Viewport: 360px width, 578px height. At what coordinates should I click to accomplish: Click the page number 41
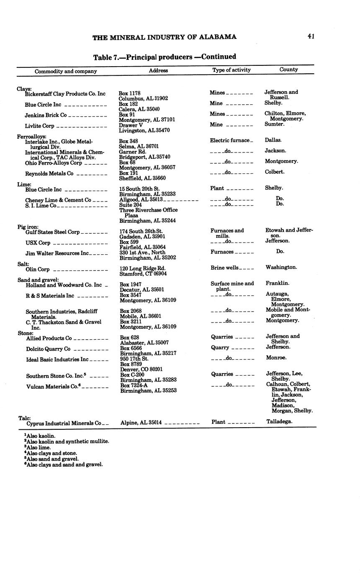point(311,36)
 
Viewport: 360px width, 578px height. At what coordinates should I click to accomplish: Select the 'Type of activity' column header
point(231,70)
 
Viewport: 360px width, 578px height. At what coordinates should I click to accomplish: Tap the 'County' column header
point(288,70)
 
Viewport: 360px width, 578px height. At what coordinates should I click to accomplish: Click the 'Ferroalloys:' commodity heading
point(31,137)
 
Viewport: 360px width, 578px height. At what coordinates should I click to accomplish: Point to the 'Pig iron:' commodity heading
point(28,227)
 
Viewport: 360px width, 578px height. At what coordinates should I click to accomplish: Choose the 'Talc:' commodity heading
point(24,418)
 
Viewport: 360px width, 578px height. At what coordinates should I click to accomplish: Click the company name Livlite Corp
point(39,126)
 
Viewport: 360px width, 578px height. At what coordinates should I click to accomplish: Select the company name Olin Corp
point(37,269)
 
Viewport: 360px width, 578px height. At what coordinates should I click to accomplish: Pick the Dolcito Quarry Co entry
point(48,349)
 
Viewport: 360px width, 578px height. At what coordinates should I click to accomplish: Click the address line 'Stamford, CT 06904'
point(143,274)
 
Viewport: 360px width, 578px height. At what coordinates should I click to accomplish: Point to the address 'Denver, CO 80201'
point(141,369)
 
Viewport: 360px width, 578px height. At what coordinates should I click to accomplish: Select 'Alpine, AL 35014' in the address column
point(141,423)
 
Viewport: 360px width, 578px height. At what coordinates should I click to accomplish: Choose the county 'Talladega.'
point(279,422)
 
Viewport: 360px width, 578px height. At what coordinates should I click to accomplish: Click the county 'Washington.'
point(281,267)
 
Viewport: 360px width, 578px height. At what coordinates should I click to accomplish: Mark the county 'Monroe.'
point(276,358)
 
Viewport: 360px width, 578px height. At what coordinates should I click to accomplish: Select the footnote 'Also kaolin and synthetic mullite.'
point(67,441)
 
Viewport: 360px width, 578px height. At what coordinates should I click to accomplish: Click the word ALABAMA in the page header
point(218,37)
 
